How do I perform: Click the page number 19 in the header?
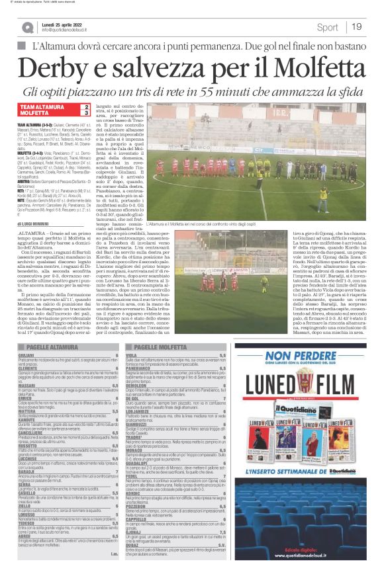[357, 27]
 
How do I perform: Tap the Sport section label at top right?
[327, 27]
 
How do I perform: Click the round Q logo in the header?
[27, 28]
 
